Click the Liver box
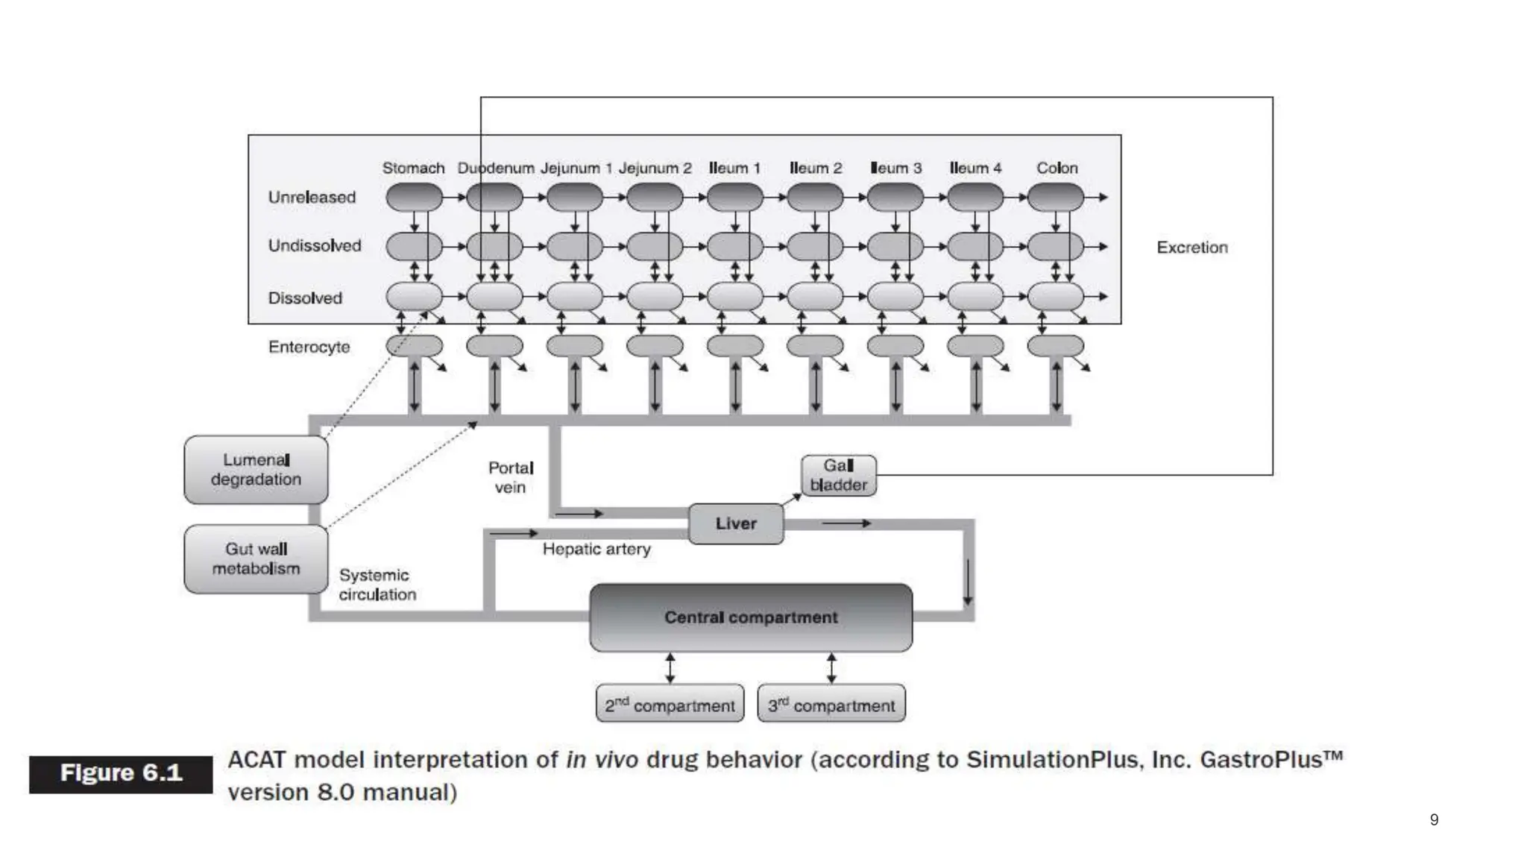[735, 523]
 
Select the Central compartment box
[750, 617]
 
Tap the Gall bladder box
[838, 476]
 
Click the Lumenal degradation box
[256, 470]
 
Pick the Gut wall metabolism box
[256, 558]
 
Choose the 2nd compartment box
[670, 704]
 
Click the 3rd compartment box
[831, 704]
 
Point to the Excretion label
[1191, 248]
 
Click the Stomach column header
[413, 169]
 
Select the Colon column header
[1057, 169]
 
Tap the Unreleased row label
[312, 198]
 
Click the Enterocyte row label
[309, 347]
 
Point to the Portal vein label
[511, 477]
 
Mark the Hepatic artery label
[596, 550]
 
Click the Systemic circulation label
[377, 585]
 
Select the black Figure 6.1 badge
[121, 773]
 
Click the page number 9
[1434, 820]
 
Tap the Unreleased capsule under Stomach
[414, 198]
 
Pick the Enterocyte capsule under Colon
[1055, 346]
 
